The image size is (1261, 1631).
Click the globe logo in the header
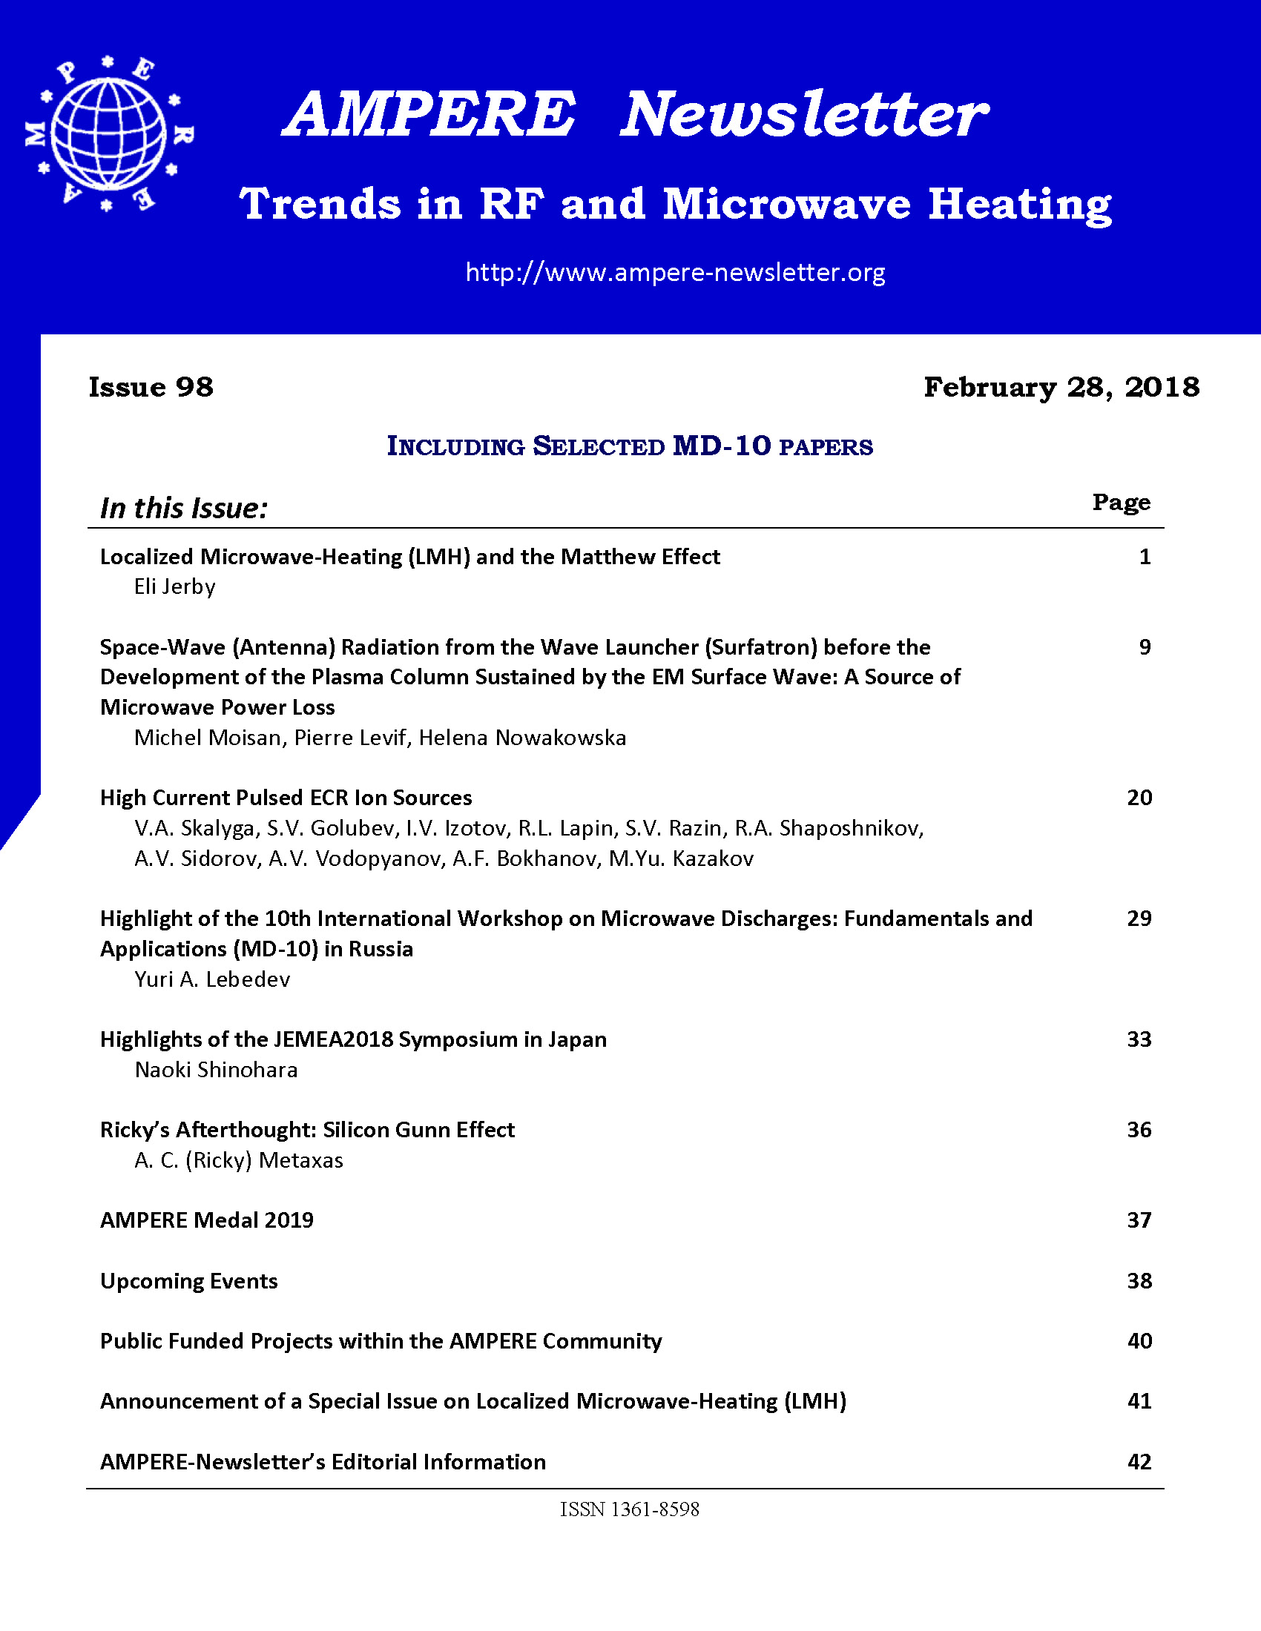(109, 133)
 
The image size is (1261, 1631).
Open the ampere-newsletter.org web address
(674, 272)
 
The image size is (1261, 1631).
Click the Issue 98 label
(151, 387)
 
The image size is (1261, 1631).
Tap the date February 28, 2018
(1061, 387)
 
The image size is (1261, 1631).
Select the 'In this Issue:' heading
(184, 508)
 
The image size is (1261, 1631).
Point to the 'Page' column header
(1121, 502)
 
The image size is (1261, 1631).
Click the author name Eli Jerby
(175, 587)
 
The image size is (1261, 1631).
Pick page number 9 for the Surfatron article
(1145, 646)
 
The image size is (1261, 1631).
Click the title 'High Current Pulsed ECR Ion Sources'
(286, 798)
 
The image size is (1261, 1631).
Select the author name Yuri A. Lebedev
(212, 979)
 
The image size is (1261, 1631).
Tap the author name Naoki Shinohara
(216, 1070)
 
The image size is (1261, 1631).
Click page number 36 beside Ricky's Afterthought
(1139, 1130)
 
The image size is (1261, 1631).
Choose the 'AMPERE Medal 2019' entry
(207, 1220)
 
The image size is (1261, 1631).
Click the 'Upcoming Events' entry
(189, 1281)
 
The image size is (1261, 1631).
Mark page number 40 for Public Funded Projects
(1139, 1341)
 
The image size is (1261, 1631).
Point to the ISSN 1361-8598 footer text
(630, 1509)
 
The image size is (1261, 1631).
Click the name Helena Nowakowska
(522, 738)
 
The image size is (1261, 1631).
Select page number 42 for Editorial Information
(1139, 1461)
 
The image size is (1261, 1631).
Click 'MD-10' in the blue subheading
(722, 446)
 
